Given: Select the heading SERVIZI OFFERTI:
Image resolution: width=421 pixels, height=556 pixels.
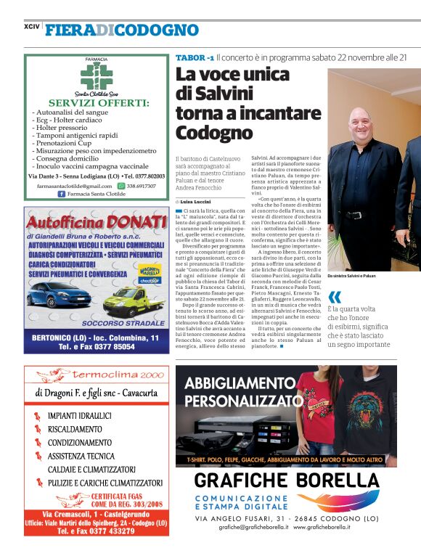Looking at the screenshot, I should click(98, 102).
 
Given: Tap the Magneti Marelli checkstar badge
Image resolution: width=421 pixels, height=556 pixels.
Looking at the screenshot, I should click(149, 273).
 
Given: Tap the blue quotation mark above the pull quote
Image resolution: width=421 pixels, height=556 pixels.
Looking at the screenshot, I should click(334, 296).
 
